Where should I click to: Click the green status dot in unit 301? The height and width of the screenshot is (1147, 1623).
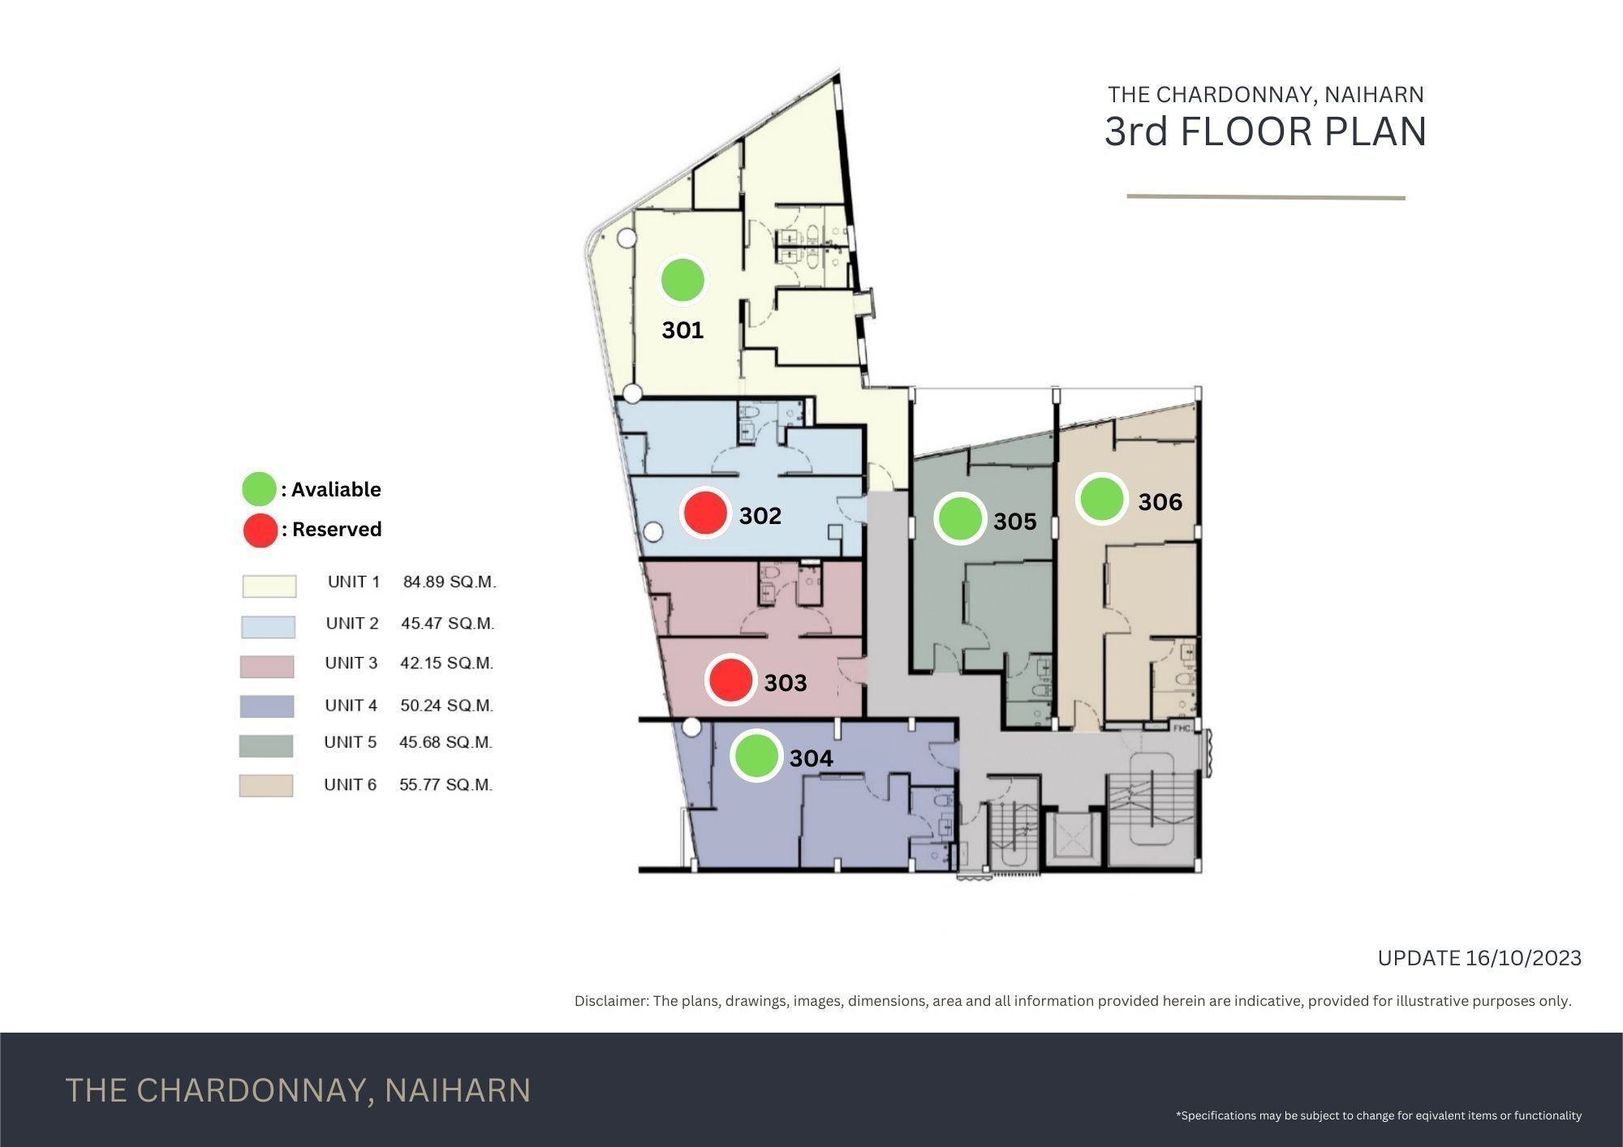(x=682, y=280)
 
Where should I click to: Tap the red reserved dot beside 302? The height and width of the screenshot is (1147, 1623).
(x=705, y=513)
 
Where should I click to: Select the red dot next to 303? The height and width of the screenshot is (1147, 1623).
(x=730, y=680)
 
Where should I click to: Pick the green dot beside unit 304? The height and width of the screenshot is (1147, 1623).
(x=756, y=755)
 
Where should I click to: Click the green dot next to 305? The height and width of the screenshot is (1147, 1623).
(x=960, y=518)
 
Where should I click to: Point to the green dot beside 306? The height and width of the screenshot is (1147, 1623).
(x=1101, y=499)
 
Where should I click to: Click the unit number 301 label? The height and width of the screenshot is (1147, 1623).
(x=682, y=330)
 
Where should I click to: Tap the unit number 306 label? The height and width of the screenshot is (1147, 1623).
(x=1160, y=502)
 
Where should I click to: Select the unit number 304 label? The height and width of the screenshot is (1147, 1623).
(x=811, y=758)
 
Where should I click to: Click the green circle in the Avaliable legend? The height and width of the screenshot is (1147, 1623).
(x=259, y=489)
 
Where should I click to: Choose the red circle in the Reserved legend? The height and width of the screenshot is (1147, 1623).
(x=260, y=531)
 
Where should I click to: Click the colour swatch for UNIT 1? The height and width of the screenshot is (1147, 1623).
(x=269, y=586)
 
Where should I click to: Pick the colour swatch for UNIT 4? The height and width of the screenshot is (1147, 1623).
(x=267, y=707)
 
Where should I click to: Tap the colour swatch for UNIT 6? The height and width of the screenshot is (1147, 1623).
(x=266, y=785)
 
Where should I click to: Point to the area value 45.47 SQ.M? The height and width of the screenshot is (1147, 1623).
(x=447, y=623)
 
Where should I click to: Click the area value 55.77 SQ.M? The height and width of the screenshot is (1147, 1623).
(x=446, y=784)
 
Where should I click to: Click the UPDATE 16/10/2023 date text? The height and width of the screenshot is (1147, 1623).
(x=1479, y=958)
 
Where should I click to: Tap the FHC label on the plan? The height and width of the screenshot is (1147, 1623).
(x=1182, y=728)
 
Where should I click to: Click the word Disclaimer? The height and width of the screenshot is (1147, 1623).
(x=610, y=1001)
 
